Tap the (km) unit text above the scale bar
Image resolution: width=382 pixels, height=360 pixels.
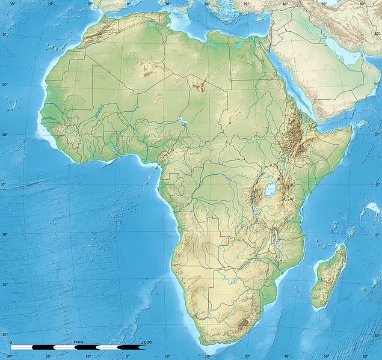click(78, 342)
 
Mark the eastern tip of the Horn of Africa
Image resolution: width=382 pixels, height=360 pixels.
click(351, 127)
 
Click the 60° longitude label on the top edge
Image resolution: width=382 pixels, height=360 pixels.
click(362, 4)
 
